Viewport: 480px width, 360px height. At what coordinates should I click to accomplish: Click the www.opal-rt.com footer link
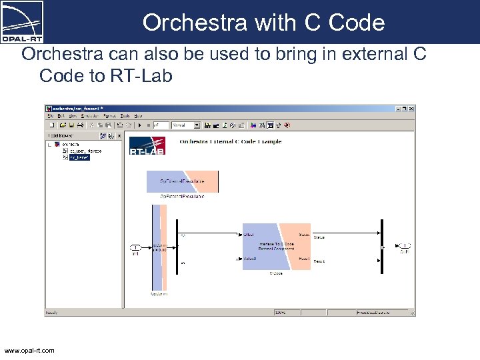pos(29,350)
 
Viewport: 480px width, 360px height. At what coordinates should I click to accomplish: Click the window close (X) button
pos(411,108)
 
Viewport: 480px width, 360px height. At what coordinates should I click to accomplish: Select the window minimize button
pos(398,108)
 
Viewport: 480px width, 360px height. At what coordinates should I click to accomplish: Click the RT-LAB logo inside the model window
pos(146,145)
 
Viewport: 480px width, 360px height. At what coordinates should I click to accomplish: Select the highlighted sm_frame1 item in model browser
pos(79,157)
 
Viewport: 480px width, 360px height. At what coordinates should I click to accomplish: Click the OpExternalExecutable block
pos(182,181)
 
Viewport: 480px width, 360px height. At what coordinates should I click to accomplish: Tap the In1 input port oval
pos(135,247)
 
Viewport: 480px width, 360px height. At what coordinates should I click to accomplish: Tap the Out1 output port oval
pos(404,245)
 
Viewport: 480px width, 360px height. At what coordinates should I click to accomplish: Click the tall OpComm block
pos(159,247)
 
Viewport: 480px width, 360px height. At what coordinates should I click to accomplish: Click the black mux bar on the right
pos(381,245)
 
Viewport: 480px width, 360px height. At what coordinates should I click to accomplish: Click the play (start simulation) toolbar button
pos(138,125)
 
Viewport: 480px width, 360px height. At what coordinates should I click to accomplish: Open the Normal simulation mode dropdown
pos(186,125)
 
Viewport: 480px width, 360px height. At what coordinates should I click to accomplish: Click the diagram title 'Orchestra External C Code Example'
pos(230,141)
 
